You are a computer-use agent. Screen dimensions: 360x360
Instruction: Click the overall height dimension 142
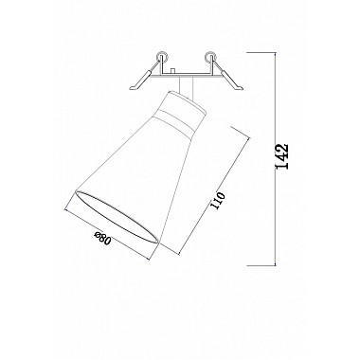click(x=282, y=156)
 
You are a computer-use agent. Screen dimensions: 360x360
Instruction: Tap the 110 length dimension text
click(x=218, y=200)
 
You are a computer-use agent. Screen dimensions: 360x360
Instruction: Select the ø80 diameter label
click(x=103, y=239)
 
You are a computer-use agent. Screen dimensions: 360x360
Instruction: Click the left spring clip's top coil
click(x=162, y=56)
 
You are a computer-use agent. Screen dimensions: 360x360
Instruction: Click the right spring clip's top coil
click(x=210, y=56)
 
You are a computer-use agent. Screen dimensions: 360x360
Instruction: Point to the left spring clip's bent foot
click(x=135, y=86)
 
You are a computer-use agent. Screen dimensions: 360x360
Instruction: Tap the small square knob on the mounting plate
click(x=172, y=71)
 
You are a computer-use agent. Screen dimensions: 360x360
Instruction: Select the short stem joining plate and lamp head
click(x=187, y=86)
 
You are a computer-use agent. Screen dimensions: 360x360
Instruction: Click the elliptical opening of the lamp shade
click(x=117, y=216)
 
